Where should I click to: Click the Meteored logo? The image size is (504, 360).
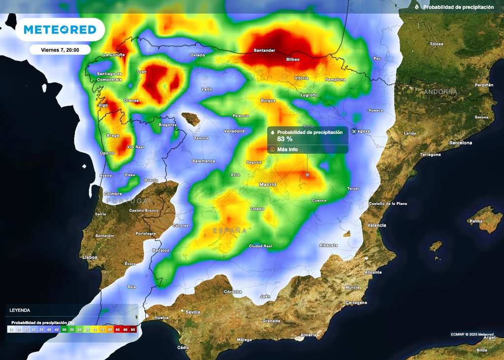60,30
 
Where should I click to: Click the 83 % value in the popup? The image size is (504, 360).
285,139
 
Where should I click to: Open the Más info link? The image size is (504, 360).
287,149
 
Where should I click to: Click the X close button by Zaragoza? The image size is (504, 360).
353,131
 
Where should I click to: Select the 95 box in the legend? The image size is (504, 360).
133,329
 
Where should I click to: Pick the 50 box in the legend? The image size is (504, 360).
64,329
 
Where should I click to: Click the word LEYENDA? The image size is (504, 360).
19,310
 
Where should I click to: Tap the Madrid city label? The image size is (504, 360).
268,185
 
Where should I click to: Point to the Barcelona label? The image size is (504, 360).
460,143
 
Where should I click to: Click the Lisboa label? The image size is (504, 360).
90,257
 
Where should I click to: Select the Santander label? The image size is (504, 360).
264,51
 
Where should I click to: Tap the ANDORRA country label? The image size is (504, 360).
441,92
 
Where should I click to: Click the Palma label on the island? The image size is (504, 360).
476,221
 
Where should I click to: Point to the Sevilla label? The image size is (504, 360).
192,312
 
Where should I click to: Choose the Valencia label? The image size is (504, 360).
377,225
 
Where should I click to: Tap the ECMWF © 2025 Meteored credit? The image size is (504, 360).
472,334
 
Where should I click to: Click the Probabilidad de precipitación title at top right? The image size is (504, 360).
458,7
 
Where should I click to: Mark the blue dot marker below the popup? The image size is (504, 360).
308,174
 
